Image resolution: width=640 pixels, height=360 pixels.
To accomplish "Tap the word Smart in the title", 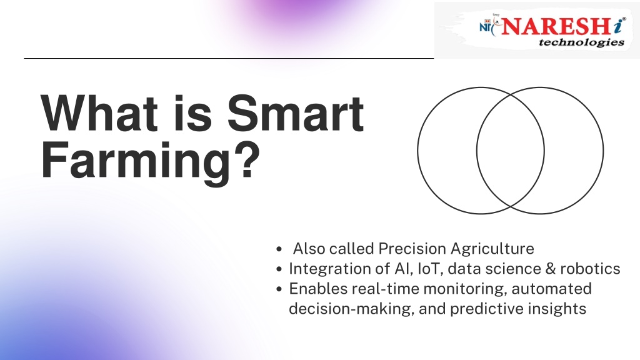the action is pyautogui.click(x=296, y=113).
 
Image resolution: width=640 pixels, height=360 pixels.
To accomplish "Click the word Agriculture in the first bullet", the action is pyautogui.click(x=492, y=249).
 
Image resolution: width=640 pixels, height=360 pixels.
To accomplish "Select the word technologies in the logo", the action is pyautogui.click(x=581, y=42).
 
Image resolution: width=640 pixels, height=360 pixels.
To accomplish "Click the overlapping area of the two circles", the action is pyautogui.click(x=510, y=151).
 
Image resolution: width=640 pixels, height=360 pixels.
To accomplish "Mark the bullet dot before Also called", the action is pyautogui.click(x=279, y=249).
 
